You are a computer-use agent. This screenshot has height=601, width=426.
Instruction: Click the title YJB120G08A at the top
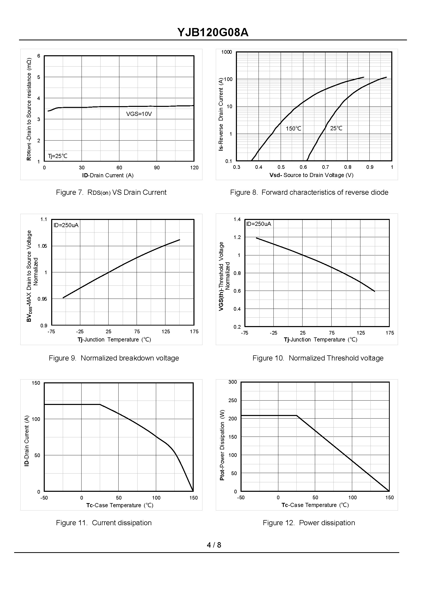[x=213, y=33]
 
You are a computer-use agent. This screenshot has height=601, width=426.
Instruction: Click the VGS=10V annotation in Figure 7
[x=139, y=114]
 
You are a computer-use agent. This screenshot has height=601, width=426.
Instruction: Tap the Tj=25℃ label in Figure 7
[x=57, y=156]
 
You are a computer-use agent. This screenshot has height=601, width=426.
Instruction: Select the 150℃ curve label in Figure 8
[x=293, y=129]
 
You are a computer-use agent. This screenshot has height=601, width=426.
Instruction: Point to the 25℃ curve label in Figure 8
[x=336, y=128]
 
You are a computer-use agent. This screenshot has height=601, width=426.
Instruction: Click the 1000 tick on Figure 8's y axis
[x=226, y=52]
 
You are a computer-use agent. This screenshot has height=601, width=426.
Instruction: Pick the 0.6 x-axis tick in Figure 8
[x=303, y=167]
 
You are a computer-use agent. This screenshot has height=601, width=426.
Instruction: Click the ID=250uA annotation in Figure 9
[x=66, y=225]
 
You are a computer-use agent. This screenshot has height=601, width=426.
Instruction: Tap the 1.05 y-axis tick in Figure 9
[x=42, y=246]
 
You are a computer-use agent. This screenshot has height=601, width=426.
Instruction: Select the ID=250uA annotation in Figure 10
[x=259, y=224]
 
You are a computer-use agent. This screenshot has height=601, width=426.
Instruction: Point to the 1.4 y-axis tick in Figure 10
[x=237, y=219]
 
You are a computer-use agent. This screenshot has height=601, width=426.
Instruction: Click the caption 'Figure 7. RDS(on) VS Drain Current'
[x=111, y=192]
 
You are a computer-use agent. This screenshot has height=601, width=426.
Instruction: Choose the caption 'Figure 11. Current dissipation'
[x=104, y=523]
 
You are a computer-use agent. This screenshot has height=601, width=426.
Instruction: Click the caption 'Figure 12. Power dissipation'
[x=309, y=523]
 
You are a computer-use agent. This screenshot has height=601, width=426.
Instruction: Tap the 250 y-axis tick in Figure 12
[x=232, y=400]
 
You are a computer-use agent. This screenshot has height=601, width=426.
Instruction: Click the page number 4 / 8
[x=214, y=545]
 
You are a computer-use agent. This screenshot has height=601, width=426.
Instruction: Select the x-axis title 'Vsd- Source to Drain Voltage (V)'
[x=311, y=175]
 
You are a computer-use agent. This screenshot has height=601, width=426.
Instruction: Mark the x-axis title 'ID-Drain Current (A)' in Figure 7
[x=108, y=175]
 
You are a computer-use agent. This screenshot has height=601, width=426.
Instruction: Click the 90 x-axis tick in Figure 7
[x=157, y=168]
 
